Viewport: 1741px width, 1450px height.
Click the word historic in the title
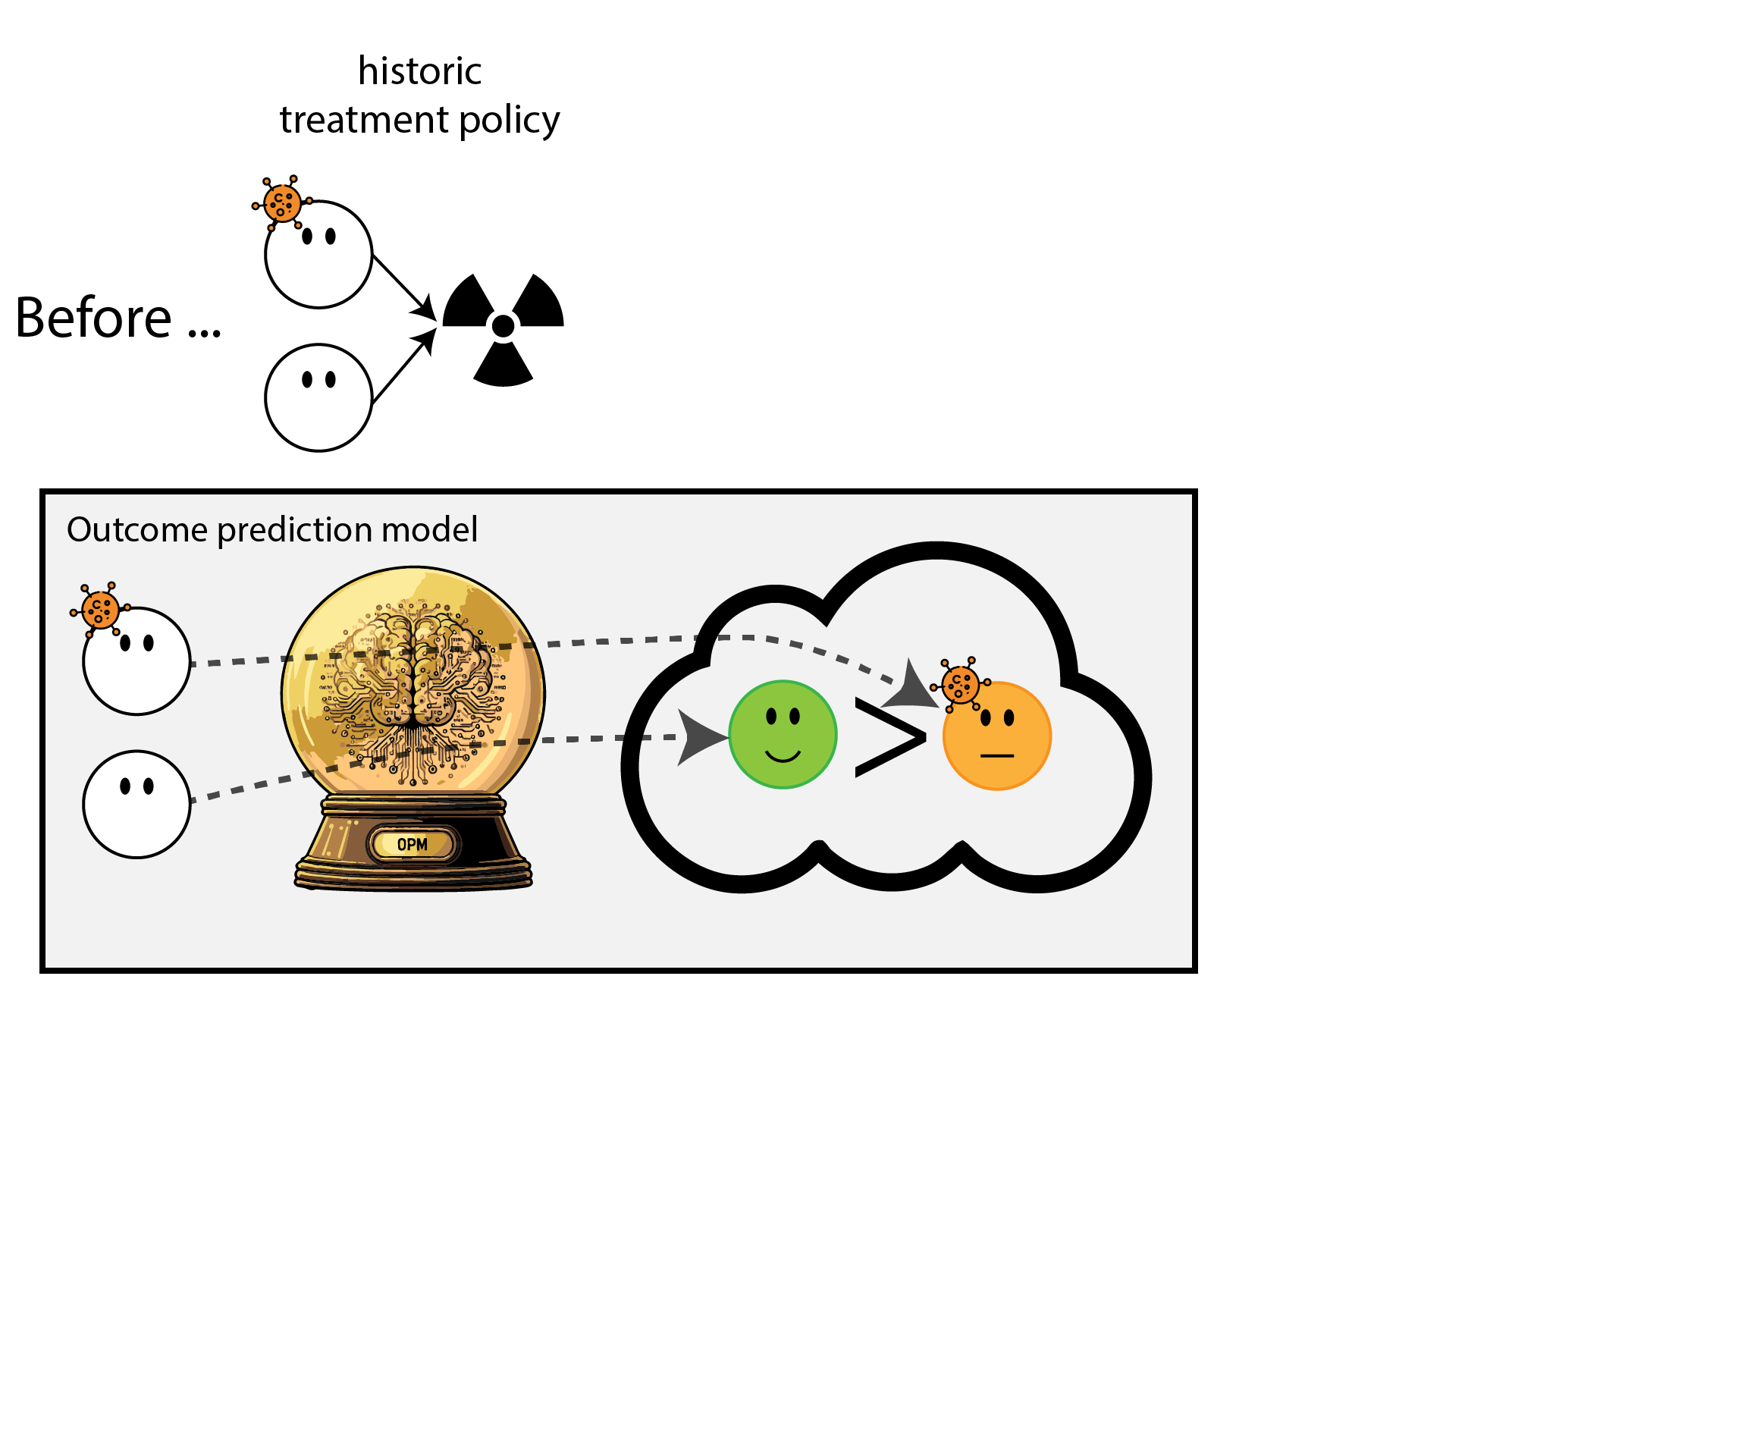click(x=419, y=71)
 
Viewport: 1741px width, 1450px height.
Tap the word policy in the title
click(x=509, y=121)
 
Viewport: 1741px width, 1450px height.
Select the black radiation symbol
click(x=503, y=328)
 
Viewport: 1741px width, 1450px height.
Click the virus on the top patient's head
click(x=282, y=202)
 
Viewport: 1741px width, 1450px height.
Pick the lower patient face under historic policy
click(x=318, y=398)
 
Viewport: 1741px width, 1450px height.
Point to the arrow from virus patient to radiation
click(x=405, y=287)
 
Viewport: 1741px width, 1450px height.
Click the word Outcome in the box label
click(x=136, y=530)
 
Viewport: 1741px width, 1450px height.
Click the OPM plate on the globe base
click(x=412, y=845)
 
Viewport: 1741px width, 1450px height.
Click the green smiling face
click(x=782, y=735)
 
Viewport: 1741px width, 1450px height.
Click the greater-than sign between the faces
click(x=889, y=737)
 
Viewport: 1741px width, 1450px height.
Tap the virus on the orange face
click(x=960, y=685)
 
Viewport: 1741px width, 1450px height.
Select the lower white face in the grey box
click(x=136, y=804)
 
